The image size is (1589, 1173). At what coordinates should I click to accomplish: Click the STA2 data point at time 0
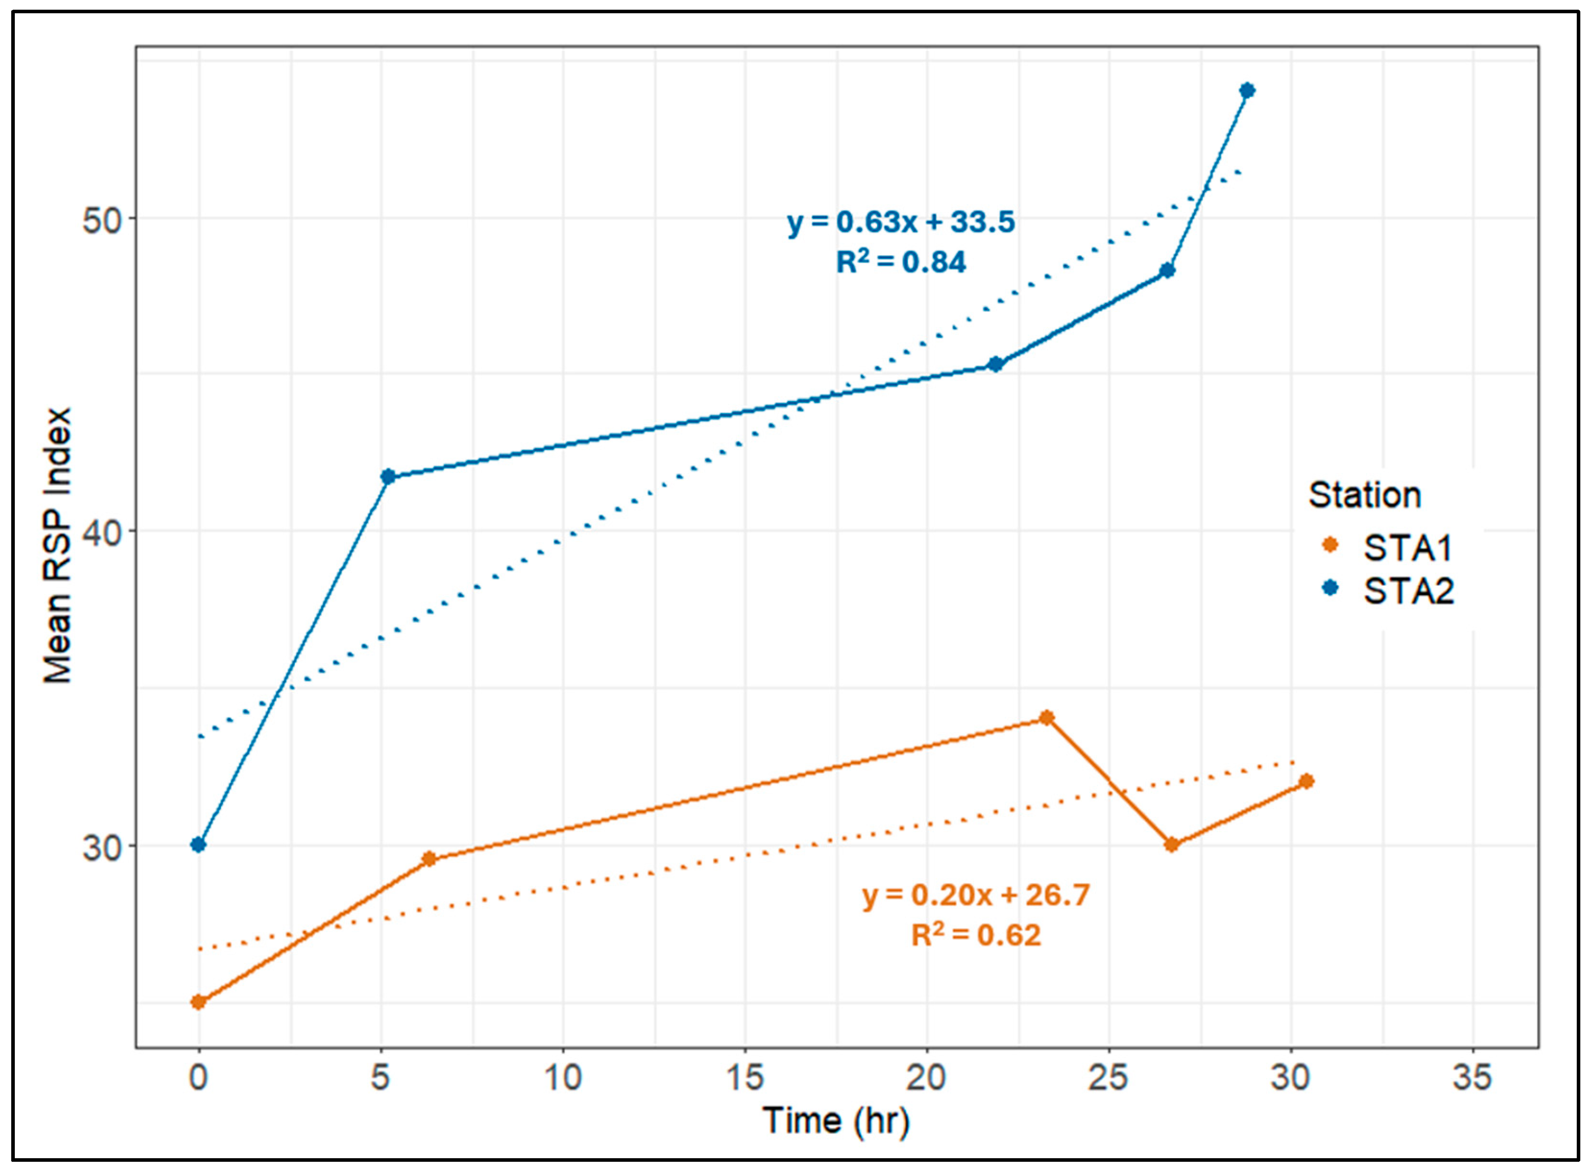point(198,844)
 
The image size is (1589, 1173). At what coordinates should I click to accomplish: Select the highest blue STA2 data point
point(1247,90)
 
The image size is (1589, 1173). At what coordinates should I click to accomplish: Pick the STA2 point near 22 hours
point(996,364)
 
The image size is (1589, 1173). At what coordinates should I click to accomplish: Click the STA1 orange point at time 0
point(198,1002)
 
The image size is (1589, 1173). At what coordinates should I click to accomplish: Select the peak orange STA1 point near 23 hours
point(1046,718)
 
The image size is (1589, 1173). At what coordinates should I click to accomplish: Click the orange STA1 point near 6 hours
point(429,859)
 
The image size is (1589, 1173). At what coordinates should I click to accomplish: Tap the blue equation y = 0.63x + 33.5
point(901,222)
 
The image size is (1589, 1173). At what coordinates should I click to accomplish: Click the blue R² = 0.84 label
point(901,262)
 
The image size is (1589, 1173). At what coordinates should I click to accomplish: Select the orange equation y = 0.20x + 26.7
point(976,895)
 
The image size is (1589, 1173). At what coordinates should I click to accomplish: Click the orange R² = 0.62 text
point(976,935)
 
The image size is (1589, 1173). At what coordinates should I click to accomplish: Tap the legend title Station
point(1364,495)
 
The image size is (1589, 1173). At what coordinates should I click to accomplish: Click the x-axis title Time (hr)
point(836,1121)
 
